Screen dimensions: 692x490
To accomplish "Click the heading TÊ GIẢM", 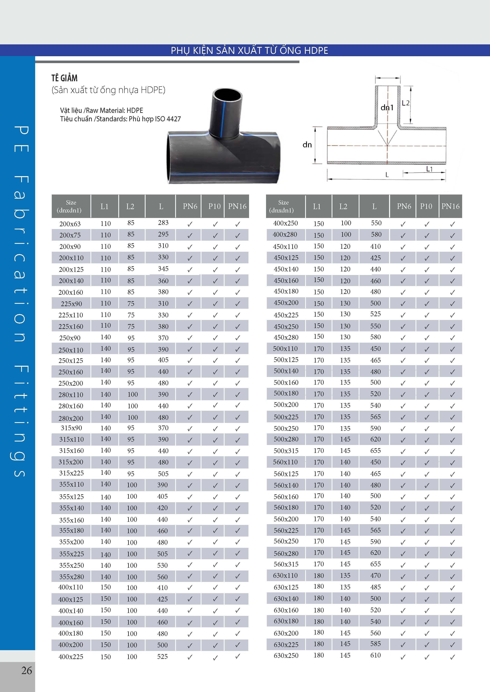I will click(64, 78).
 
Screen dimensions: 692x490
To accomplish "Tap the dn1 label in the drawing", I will click(387, 107).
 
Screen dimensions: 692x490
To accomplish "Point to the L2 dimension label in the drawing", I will click(405, 103).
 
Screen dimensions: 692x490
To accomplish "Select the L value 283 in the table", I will click(163, 223).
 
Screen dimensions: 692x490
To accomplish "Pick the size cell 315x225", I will click(71, 473).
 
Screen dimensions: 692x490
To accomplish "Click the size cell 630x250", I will click(286, 656).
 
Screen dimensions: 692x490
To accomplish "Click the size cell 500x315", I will click(286, 451).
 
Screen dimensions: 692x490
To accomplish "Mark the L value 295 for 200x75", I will click(163, 234).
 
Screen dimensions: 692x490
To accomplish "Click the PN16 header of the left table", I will click(237, 207).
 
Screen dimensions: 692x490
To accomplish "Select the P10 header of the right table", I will click(426, 207).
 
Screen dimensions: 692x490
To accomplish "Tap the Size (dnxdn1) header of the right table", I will click(283, 207).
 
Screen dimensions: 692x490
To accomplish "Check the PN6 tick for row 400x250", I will click(403, 224).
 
